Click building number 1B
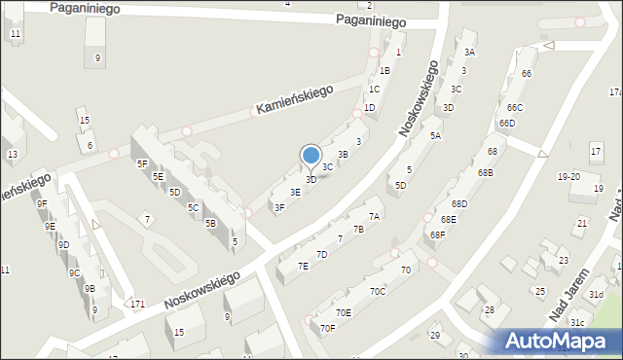tap(385, 70)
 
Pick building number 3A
tap(469, 52)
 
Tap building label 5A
tap(435, 136)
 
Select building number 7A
tap(373, 216)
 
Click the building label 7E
tap(303, 266)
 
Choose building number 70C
tap(378, 291)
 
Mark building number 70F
tap(327, 328)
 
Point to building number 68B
tap(485, 172)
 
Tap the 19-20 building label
tap(568, 177)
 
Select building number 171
tap(138, 305)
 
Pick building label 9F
tap(41, 204)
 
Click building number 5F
tap(142, 163)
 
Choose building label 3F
tap(279, 207)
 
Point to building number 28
tap(491, 309)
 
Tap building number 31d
tap(596, 295)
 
